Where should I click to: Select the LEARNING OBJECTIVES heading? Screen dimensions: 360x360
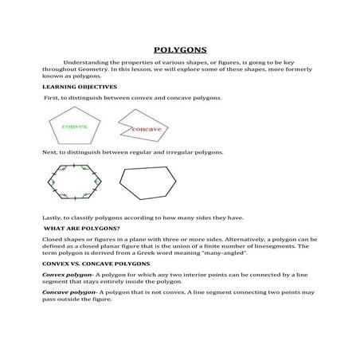[80, 85]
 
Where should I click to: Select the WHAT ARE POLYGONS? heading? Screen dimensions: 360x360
[76, 228]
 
